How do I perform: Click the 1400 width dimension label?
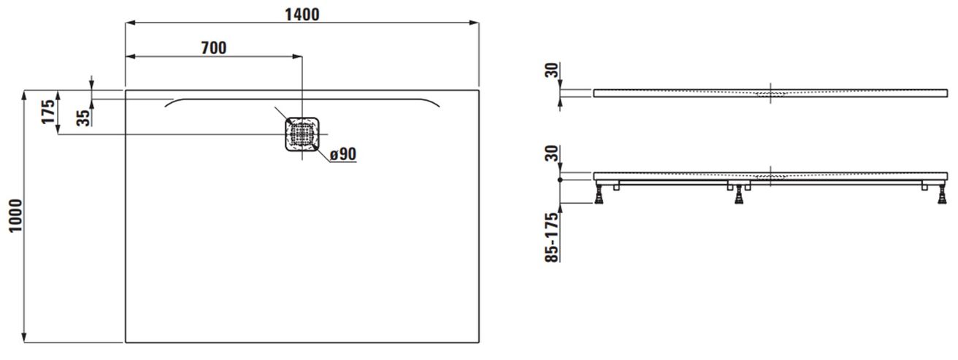(x=302, y=15)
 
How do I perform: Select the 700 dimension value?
(x=214, y=48)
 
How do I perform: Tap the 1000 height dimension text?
(x=16, y=216)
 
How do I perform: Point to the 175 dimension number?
(x=48, y=112)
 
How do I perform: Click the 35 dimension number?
(x=83, y=118)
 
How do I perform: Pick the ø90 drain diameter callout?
(x=343, y=154)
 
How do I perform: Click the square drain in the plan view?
(x=302, y=134)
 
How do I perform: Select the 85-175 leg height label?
(x=552, y=237)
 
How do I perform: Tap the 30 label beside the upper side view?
(x=552, y=70)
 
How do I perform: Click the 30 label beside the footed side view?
(x=552, y=153)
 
